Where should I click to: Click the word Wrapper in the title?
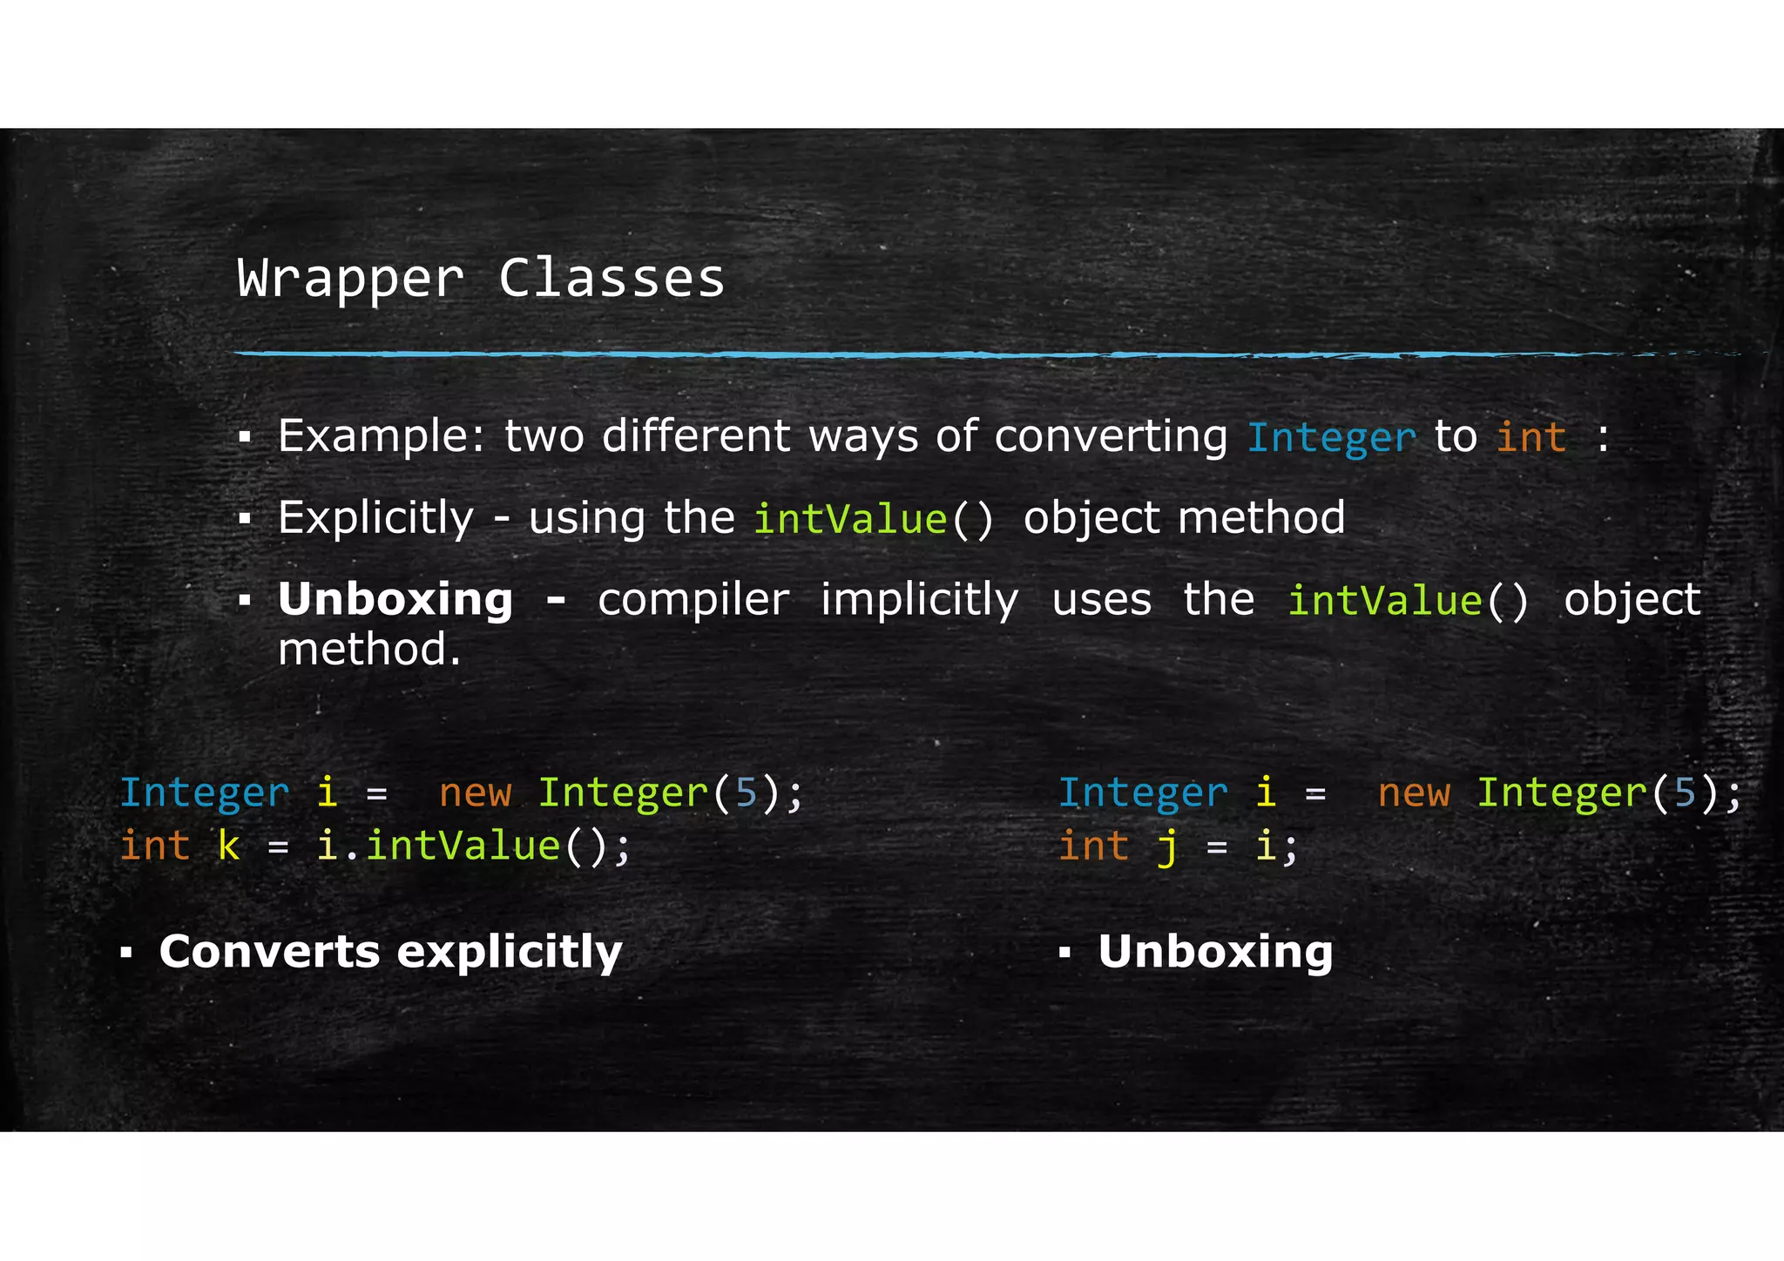350,280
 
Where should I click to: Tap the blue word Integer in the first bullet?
1331,437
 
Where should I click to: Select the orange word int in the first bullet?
1531,437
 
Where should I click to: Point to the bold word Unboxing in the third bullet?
395,600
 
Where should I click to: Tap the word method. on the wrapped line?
368,650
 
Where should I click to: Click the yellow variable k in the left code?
228,846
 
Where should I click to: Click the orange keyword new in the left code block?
475,793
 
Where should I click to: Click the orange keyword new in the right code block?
1414,793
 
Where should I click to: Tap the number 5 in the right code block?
1686,793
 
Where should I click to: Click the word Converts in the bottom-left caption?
269,952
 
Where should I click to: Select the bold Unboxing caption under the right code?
1215,952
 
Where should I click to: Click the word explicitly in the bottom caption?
510,953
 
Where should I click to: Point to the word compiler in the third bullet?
693,600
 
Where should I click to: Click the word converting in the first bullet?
1111,436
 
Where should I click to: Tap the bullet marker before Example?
245,437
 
